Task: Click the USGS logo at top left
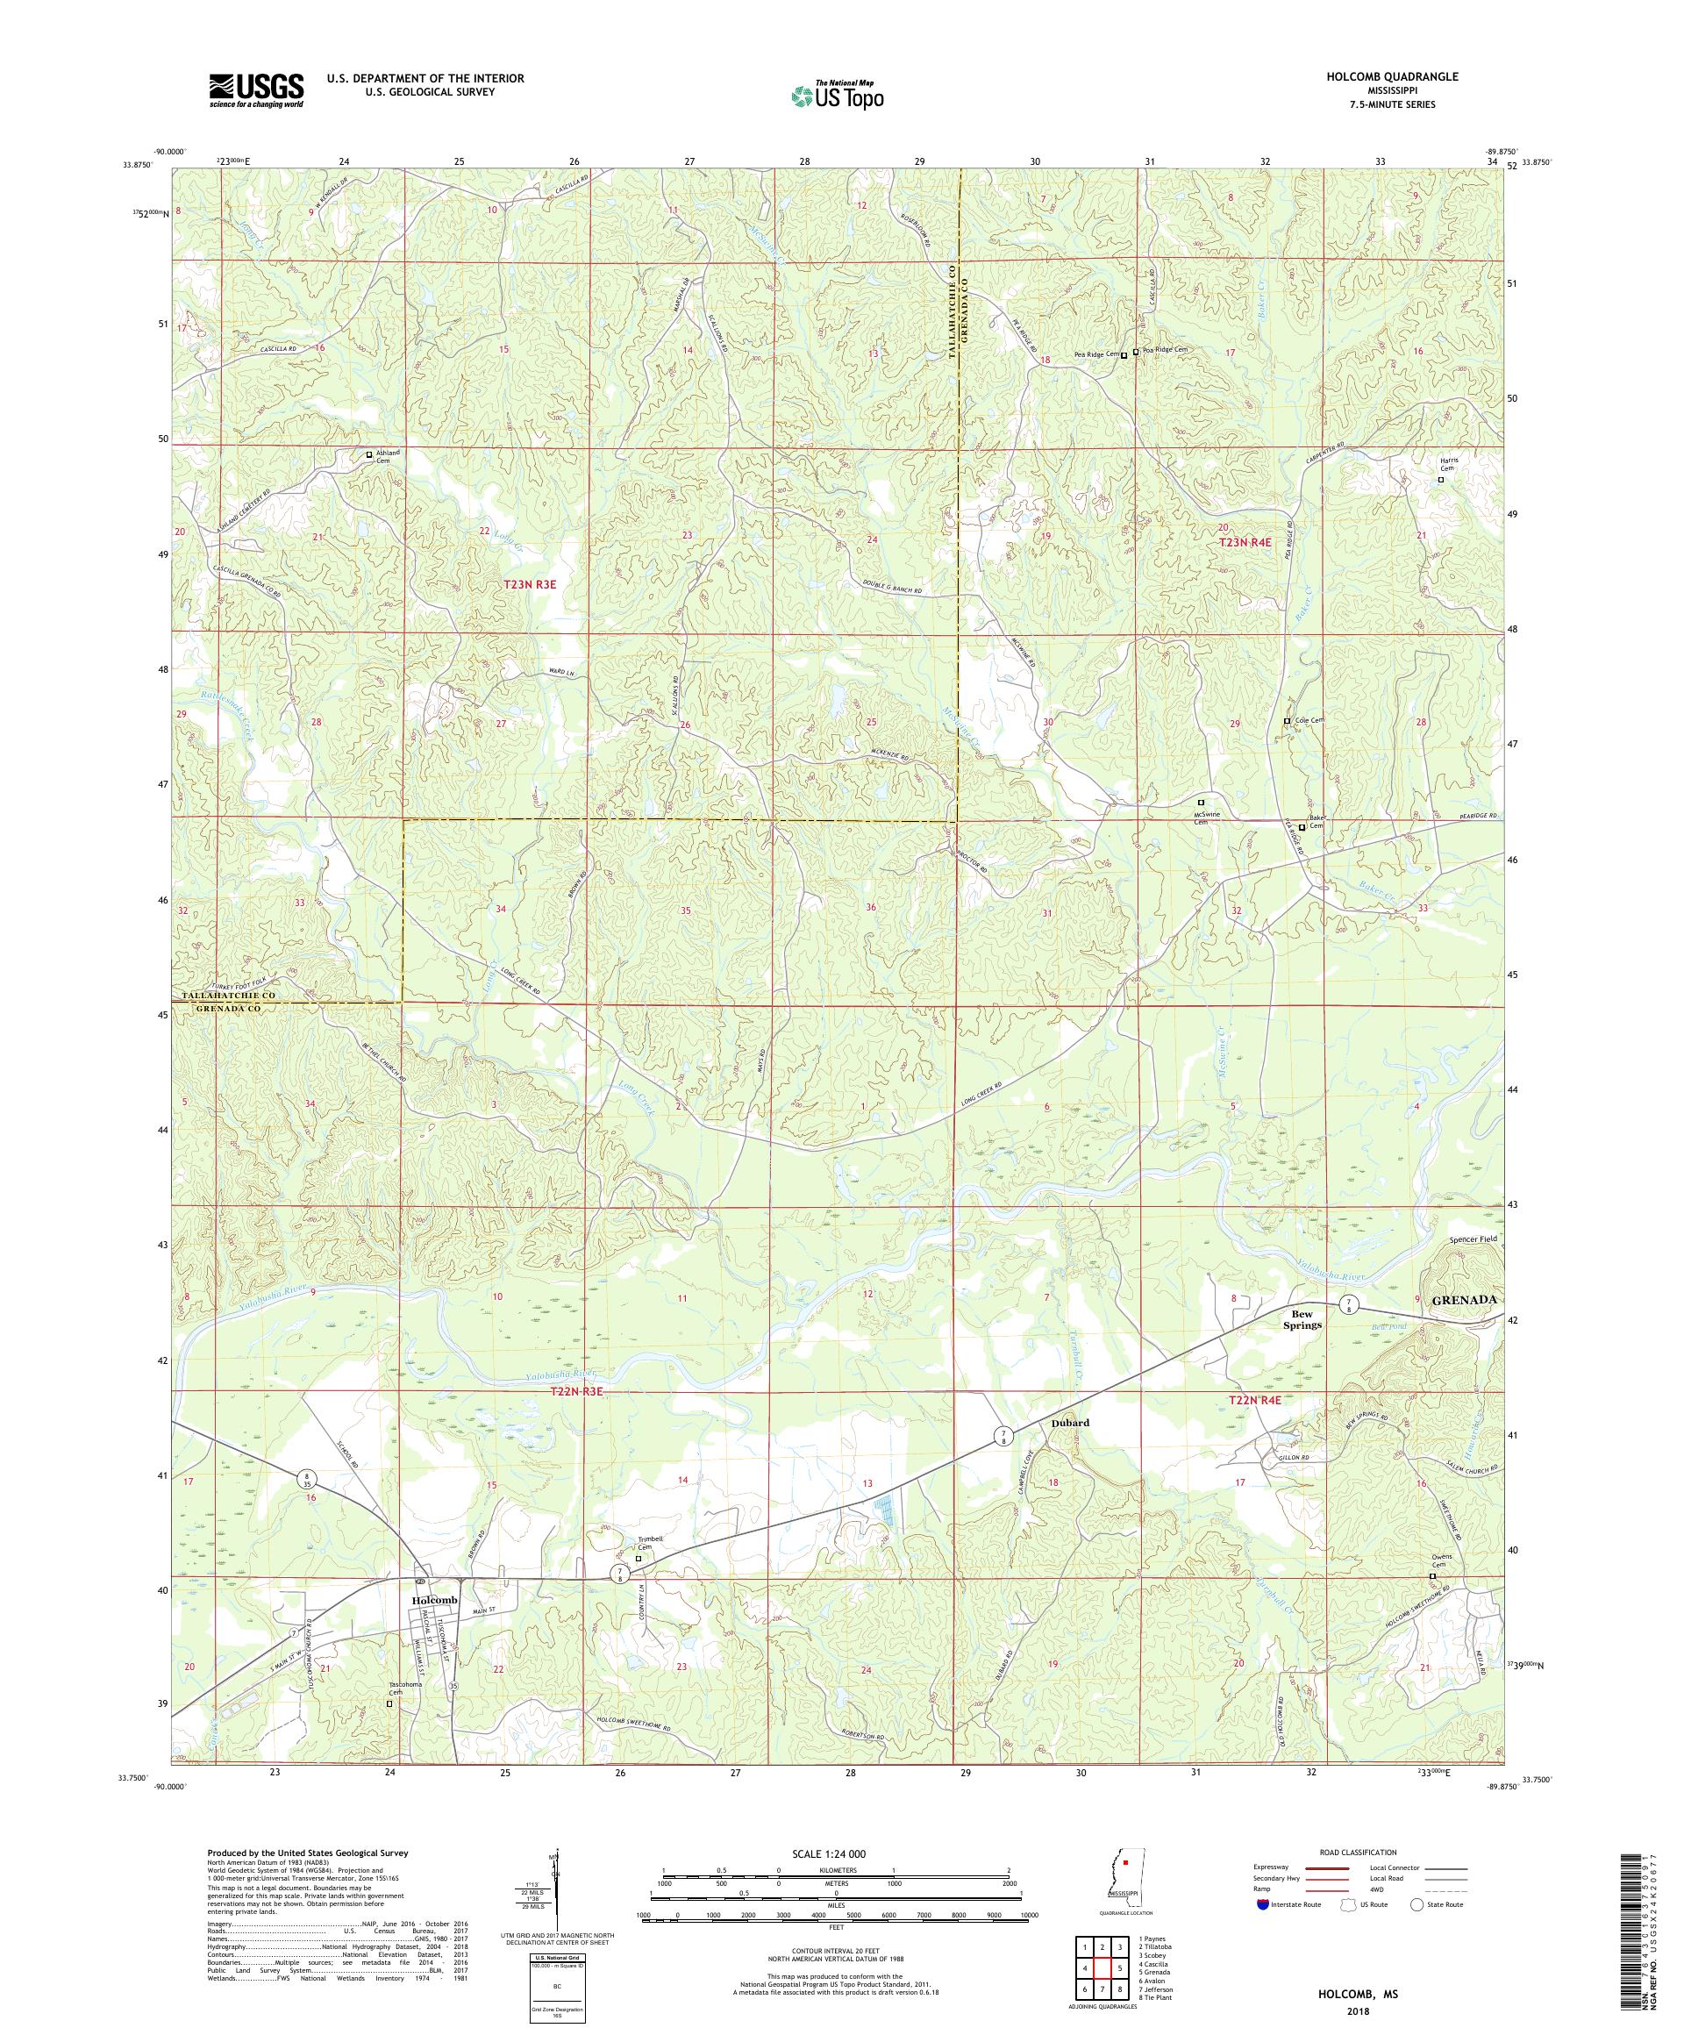pos(255,91)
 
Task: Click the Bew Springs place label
pos(1297,1319)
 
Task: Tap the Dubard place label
pos(1070,1423)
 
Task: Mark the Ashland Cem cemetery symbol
pos(368,453)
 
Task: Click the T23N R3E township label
pos(531,584)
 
